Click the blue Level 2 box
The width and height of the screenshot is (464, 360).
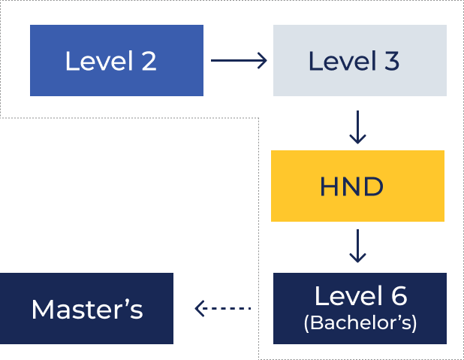click(116, 61)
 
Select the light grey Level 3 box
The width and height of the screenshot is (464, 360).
click(360, 61)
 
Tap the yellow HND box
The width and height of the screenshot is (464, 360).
click(357, 186)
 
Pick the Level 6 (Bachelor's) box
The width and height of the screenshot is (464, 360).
click(360, 308)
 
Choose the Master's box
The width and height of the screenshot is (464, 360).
click(86, 308)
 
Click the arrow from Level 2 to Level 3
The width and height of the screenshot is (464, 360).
click(239, 61)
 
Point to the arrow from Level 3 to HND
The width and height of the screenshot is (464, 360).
click(358, 127)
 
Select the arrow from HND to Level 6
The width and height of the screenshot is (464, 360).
click(358, 247)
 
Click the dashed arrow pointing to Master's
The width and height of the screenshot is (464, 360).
click(222, 308)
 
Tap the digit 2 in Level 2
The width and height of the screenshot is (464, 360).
click(149, 61)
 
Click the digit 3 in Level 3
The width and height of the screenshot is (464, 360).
click(391, 61)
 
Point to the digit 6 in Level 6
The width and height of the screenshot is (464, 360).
click(398, 296)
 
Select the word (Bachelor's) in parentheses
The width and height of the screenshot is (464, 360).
click(360, 323)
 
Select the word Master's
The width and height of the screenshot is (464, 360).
click(87, 309)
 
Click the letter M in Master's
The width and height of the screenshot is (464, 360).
click(41, 309)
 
